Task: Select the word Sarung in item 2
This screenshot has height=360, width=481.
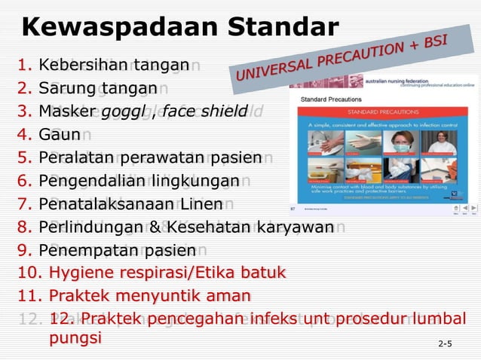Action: [x=65, y=89]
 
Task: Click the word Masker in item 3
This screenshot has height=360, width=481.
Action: [x=63, y=112]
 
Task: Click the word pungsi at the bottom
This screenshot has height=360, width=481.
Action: [x=75, y=338]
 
